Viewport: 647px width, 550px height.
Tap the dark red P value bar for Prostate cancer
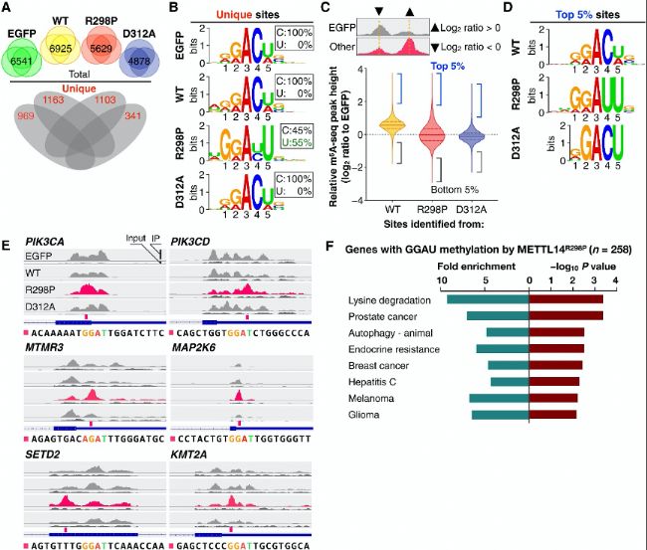click(565, 316)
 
